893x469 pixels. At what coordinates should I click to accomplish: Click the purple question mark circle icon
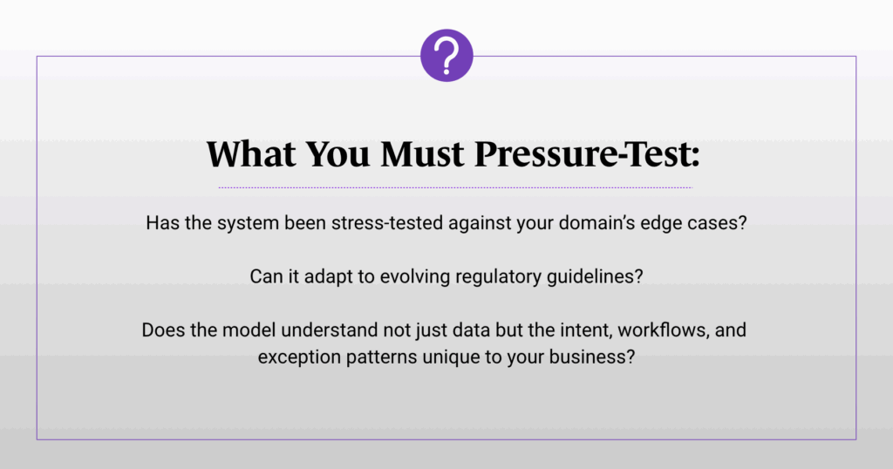(x=446, y=55)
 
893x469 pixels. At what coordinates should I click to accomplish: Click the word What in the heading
(x=251, y=153)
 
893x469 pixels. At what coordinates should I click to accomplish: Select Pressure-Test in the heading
(x=587, y=153)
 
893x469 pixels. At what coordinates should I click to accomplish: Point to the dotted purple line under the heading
(x=455, y=187)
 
